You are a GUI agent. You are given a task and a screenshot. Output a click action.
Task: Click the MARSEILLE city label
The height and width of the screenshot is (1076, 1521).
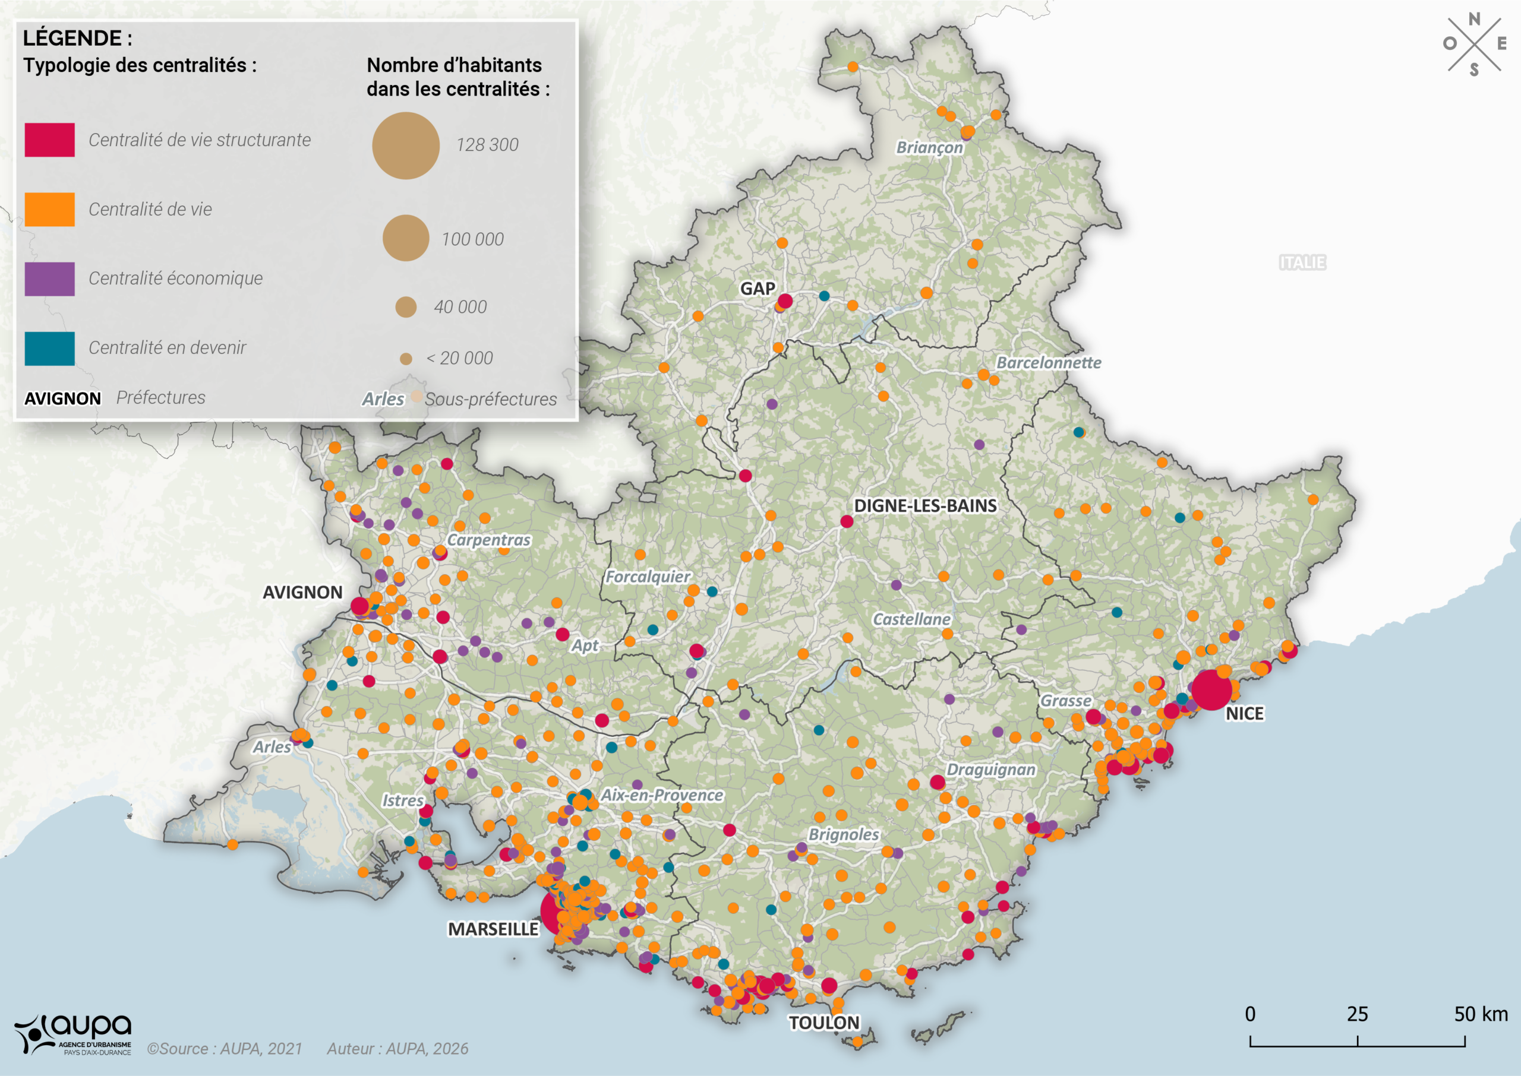click(x=493, y=929)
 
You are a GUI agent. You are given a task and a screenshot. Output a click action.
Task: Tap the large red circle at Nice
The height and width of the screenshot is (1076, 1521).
click(x=1211, y=690)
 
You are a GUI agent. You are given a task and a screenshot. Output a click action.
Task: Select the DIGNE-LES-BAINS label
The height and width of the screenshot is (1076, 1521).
click(x=924, y=505)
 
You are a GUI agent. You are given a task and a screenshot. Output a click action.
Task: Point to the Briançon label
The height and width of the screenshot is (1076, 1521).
click(x=929, y=147)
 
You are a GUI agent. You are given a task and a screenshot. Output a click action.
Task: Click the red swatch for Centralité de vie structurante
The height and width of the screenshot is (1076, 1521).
click(x=50, y=140)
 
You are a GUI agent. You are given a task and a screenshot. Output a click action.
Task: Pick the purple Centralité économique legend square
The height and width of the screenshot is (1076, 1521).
click(x=50, y=279)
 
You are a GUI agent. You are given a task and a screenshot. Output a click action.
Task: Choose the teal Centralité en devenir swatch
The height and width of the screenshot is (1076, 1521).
click(x=50, y=348)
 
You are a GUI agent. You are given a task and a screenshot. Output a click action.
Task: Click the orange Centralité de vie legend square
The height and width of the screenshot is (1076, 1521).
click(x=50, y=210)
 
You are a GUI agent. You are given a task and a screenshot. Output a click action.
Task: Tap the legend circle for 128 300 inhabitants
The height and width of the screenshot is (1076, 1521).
click(x=406, y=145)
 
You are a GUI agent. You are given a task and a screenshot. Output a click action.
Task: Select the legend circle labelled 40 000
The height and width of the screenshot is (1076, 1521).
click(x=406, y=307)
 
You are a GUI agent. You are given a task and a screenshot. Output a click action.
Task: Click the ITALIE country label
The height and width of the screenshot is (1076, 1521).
click(x=1302, y=262)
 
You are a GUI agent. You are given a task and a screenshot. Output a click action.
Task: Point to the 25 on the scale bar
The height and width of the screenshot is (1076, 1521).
click(x=1356, y=1014)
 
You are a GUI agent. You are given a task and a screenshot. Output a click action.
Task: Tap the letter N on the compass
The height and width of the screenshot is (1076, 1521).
click(x=1474, y=19)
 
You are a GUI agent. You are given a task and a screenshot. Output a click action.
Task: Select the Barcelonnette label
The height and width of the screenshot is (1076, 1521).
click(x=1049, y=362)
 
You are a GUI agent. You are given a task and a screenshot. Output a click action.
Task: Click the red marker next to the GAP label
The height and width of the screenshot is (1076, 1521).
click(x=785, y=302)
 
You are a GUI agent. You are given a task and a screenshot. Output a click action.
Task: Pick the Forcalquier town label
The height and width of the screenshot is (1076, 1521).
click(x=648, y=577)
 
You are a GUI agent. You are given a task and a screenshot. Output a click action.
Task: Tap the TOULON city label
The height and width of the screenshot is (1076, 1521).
click(x=824, y=1023)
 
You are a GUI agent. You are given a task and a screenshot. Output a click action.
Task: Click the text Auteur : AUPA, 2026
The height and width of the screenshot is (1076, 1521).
click(x=397, y=1049)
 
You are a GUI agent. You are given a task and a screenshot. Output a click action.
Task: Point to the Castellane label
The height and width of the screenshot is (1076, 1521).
click(x=911, y=619)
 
